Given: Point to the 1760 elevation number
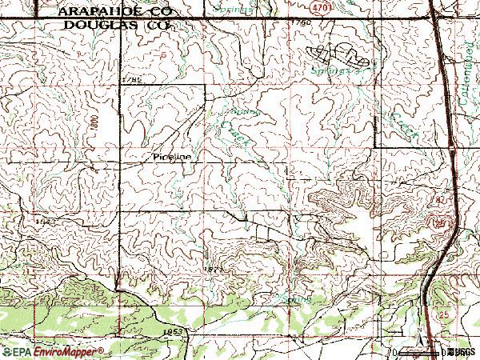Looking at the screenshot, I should click(x=301, y=23).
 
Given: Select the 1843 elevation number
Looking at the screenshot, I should click(x=45, y=219).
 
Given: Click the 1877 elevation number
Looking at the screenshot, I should click(x=212, y=270).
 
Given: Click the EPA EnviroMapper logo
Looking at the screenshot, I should click(x=53, y=351).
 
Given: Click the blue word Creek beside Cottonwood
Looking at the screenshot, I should click(x=396, y=120).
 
